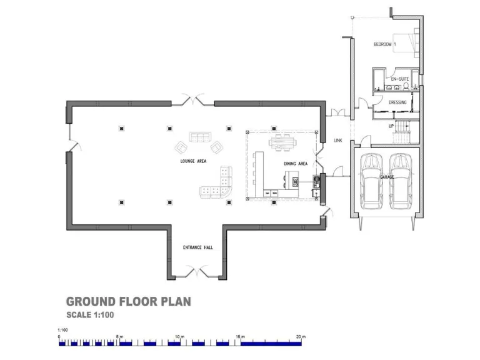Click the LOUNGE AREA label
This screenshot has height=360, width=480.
[192, 161]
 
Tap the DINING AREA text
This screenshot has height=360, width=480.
[295, 164]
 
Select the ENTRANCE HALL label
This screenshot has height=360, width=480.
[197, 247]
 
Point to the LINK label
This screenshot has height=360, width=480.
[339, 140]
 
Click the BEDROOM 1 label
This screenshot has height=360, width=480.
[385, 44]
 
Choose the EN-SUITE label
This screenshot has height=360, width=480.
[399, 79]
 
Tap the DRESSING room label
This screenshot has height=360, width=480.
[397, 102]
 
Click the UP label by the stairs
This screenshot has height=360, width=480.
[392, 125]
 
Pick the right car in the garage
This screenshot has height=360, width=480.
[401, 181]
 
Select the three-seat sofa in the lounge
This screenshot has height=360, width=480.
[200, 137]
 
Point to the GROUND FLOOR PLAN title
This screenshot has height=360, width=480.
[128, 302]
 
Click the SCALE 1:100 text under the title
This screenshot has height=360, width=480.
[89, 315]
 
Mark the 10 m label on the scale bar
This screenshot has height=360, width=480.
[180, 337]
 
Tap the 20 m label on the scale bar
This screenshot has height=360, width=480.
[301, 337]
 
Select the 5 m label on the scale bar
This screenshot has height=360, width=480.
[121, 337]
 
